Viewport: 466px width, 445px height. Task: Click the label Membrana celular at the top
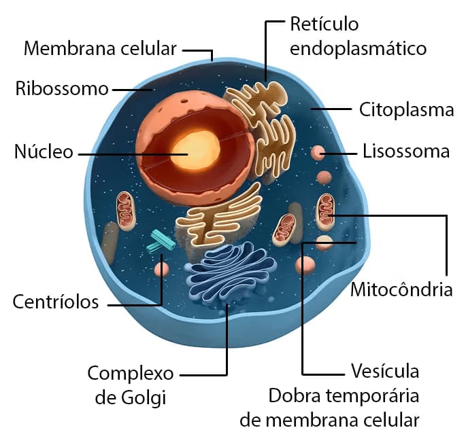tap(100, 49)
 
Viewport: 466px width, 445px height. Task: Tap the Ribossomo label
tap(62, 89)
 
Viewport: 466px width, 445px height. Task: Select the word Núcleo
tap(43, 152)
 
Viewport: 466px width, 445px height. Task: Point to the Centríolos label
tap(56, 302)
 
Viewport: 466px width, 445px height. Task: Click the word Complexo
tap(131, 373)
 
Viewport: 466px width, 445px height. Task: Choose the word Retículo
tap(324, 25)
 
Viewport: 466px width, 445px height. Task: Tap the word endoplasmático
tap(358, 49)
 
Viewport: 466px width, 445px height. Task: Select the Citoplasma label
tap(406, 109)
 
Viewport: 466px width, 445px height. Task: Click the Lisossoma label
tap(406, 151)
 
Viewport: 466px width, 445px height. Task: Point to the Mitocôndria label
tap(401, 290)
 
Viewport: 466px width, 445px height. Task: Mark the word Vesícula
tap(385, 372)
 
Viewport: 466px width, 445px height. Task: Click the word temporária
tap(378, 396)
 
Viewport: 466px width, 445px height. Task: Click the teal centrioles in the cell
tap(161, 241)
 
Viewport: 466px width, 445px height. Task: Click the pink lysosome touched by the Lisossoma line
tap(317, 153)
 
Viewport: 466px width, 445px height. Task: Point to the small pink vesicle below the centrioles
tap(161, 268)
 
